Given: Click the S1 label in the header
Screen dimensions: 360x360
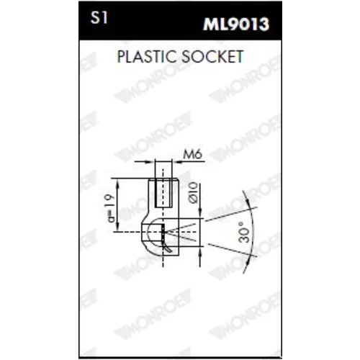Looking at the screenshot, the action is tap(99, 18).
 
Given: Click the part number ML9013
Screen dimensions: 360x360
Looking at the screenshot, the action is tap(236, 24).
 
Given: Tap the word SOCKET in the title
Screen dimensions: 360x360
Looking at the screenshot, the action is tap(212, 57).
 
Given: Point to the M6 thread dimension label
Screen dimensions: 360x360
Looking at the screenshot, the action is tap(193, 154).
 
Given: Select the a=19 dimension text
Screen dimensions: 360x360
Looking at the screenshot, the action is tap(111, 208).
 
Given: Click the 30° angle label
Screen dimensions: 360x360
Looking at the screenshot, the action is tap(244, 232).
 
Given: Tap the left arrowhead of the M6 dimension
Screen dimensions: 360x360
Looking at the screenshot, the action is tap(150, 162).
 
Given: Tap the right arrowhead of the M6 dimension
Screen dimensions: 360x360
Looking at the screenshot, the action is tap(176, 162).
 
